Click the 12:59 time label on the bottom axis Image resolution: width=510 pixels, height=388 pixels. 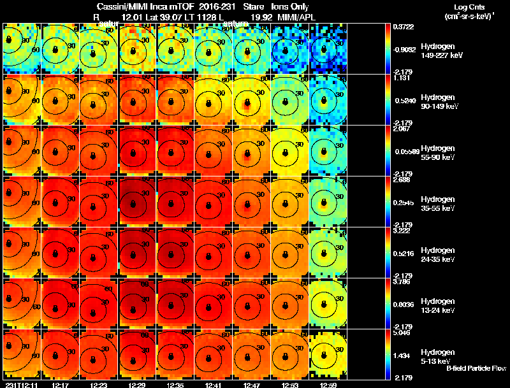328,385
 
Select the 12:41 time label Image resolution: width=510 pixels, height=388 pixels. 213,385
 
